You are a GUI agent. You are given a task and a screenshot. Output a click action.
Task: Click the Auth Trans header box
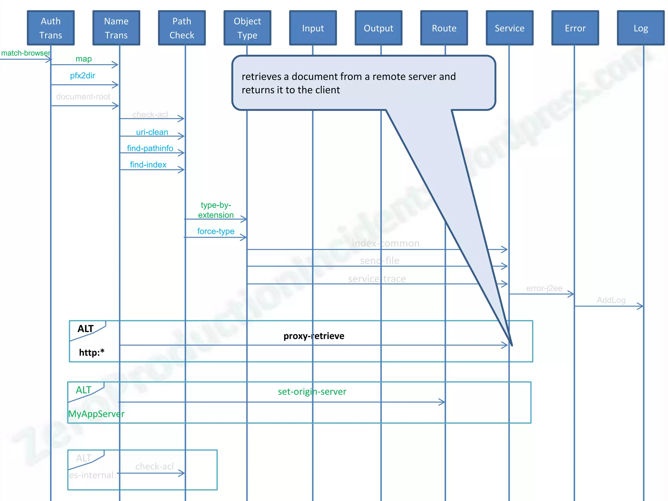click(51, 28)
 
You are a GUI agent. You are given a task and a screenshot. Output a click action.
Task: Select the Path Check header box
click(182, 28)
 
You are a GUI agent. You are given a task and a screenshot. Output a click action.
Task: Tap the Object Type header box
click(247, 28)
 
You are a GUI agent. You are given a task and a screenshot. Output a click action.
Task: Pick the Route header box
click(444, 28)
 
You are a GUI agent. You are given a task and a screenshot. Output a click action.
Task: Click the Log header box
click(641, 28)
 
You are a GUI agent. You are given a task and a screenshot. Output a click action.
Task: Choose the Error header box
click(575, 28)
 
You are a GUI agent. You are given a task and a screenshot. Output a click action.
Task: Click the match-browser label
click(25, 53)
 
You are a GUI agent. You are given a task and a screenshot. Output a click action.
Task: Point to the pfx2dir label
click(83, 76)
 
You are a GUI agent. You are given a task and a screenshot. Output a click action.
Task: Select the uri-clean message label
click(152, 132)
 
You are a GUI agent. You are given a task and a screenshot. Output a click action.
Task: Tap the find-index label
click(148, 165)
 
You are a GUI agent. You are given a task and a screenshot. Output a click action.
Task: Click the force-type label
click(216, 231)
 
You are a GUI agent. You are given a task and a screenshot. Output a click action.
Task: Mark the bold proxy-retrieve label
click(314, 336)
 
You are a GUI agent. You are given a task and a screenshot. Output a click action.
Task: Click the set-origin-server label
click(312, 391)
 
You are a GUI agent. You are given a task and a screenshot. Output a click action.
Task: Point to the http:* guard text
click(92, 353)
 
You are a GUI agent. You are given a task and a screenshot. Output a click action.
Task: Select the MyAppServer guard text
click(96, 414)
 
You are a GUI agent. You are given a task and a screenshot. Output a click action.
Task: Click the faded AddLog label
click(611, 300)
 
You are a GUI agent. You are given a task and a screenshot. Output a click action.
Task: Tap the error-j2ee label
click(544, 288)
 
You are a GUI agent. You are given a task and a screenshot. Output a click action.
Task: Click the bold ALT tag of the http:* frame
click(85, 329)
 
